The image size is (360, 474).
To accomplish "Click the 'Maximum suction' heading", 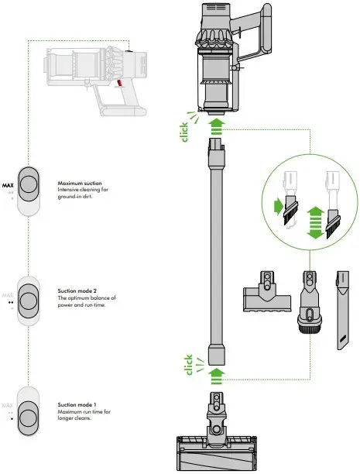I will (x=81, y=184).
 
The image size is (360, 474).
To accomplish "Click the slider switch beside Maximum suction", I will (x=29, y=191).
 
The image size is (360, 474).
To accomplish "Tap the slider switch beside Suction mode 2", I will (x=29, y=298).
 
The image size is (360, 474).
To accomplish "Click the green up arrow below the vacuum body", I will (x=218, y=125).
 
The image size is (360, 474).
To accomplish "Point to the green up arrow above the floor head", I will (x=218, y=374).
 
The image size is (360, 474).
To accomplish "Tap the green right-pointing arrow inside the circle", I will (x=279, y=207).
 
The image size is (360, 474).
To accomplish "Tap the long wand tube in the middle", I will (x=218, y=248).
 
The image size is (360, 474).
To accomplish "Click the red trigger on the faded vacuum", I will (x=121, y=81).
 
